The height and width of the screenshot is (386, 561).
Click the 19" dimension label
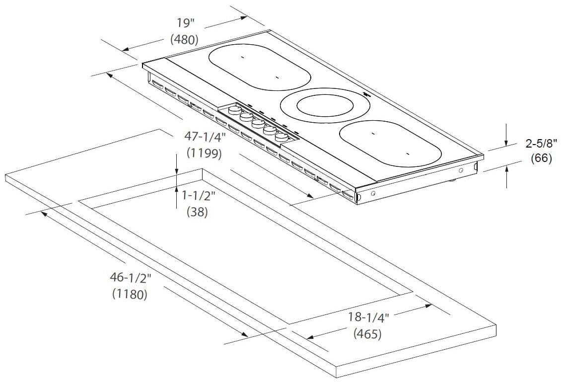[184, 23]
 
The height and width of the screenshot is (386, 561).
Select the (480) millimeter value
[184, 40]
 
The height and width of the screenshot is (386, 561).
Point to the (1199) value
[204, 153]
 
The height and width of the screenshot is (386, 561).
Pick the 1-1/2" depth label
[198, 195]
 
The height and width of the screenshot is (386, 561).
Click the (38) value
[197, 212]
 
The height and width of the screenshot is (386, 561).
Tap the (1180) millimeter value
[130, 294]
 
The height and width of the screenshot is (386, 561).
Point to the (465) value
[367, 334]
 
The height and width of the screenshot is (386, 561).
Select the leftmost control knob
[233, 110]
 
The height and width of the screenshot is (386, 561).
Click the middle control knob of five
[258, 123]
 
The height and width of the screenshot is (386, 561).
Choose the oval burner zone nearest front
[390, 144]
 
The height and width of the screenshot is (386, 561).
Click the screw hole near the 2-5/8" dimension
[462, 170]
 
